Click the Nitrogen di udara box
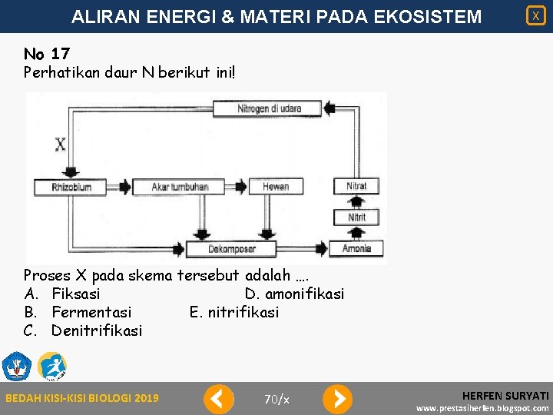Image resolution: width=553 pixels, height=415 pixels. click(269, 108)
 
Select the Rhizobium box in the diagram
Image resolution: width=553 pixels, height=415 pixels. click(71, 187)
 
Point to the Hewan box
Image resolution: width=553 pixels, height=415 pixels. click(276, 187)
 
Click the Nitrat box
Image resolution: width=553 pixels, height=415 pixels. click(356, 186)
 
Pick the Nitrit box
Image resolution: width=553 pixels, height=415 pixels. click(356, 217)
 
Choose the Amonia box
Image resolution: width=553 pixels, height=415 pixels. click(356, 248)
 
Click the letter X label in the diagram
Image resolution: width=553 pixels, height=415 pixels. click(61, 144)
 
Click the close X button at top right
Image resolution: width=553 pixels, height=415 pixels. click(535, 15)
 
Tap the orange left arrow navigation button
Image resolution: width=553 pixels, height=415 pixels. click(218, 399)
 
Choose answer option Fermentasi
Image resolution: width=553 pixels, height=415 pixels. click(91, 312)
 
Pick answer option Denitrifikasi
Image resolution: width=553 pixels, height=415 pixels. click(96, 330)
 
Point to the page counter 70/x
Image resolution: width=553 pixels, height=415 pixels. click(276, 399)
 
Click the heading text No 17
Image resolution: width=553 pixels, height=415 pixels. click(47, 54)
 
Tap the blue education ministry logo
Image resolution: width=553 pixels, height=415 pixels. click(16, 367)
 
